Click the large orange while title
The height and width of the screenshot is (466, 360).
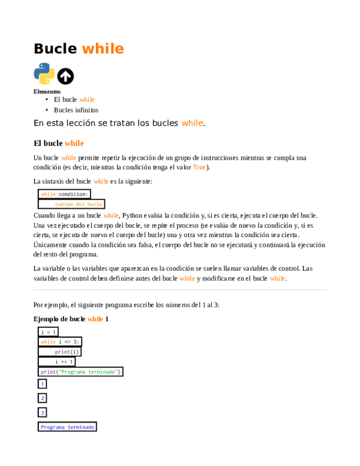coord(103,49)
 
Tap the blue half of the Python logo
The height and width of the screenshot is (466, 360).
coord(41,69)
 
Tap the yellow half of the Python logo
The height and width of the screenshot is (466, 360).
coord(47,78)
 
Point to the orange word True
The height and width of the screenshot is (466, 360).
coord(199,168)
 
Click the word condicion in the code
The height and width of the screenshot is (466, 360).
coord(73,194)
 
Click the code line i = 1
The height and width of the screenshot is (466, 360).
coord(48,332)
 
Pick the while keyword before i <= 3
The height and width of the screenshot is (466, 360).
coord(48,342)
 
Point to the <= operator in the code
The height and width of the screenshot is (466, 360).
coord(68,342)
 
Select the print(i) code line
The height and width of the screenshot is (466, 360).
coord(67,352)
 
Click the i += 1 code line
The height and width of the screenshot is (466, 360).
coord(64,362)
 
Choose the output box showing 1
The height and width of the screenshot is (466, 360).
coord(42,384)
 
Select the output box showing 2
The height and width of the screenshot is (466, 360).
coord(42,398)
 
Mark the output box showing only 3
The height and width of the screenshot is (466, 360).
coord(42,413)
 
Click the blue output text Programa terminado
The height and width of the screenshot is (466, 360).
coord(67,427)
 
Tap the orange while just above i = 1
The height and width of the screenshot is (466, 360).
coord(95,319)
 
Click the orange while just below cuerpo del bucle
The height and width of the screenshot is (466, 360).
coord(111,215)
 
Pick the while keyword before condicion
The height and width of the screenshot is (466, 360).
coord(48,194)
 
